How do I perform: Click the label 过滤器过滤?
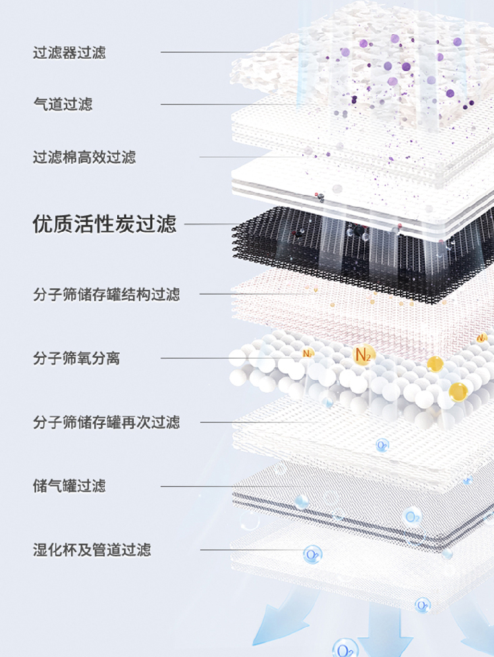pos(69,53)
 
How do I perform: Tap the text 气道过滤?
pos(63,104)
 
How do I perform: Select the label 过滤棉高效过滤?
pos(84,157)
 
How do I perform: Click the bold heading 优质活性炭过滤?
pos(105,224)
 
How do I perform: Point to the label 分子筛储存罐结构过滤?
pos(106,294)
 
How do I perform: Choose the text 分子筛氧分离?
pos(76,359)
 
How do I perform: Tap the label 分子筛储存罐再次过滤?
pos(106,422)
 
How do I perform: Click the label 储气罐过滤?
pos(69,486)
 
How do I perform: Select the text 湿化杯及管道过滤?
pos(92,550)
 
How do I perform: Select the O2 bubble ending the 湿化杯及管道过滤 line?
pos(312,554)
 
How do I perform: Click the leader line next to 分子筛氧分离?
pos(198,359)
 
